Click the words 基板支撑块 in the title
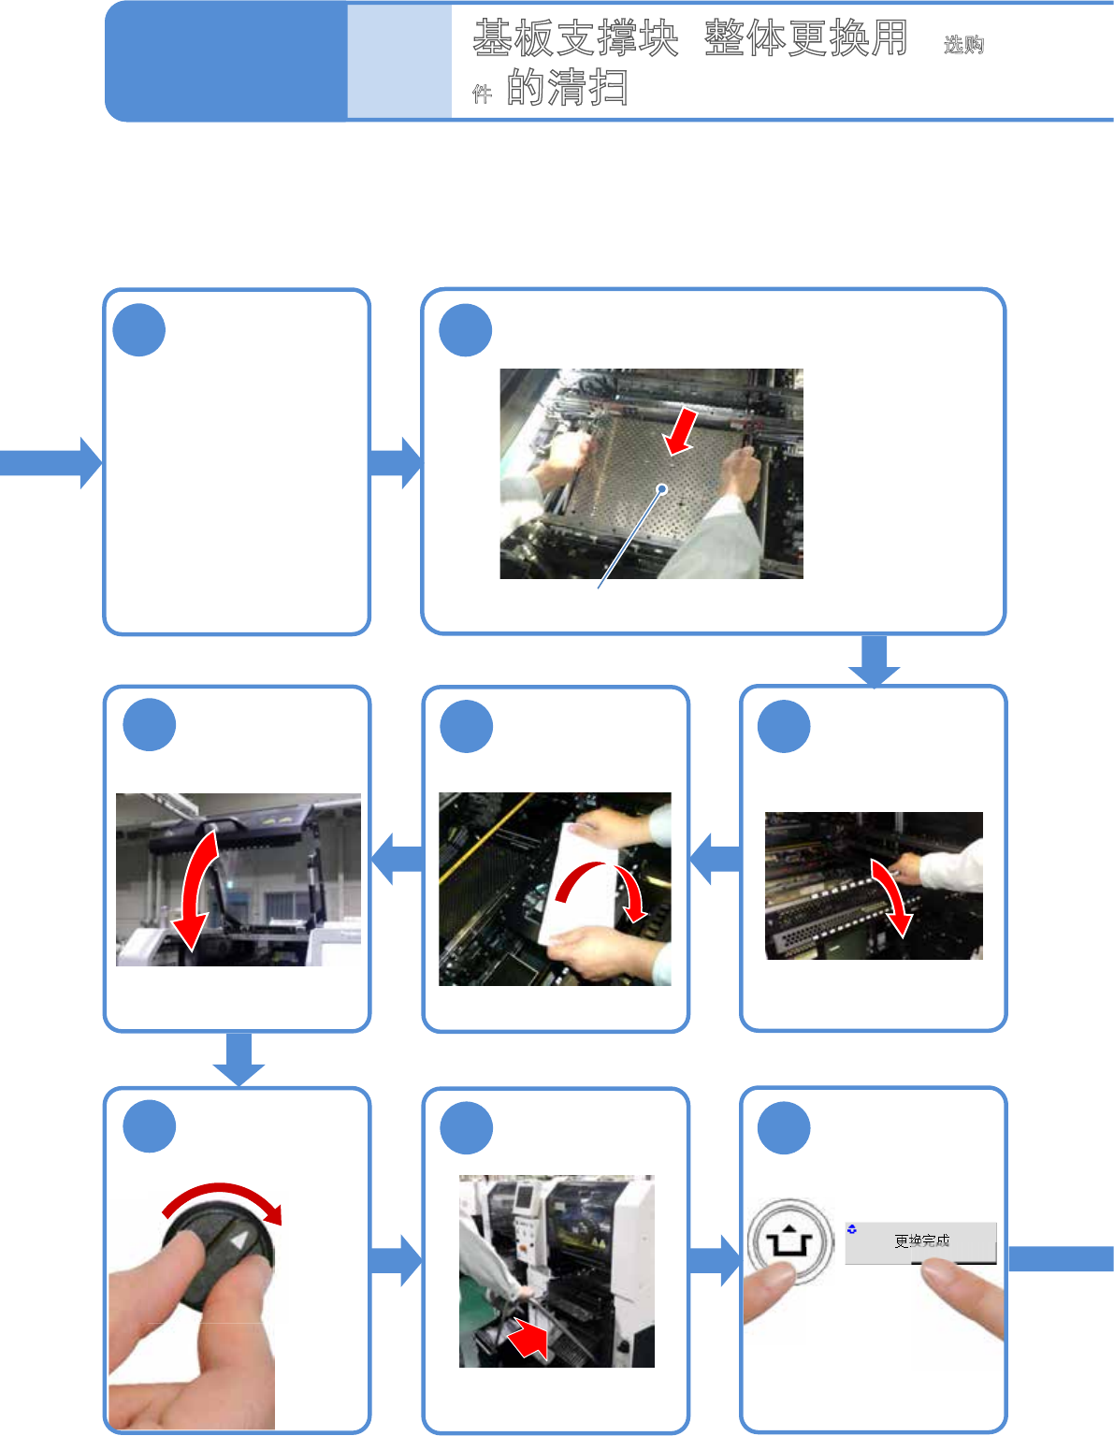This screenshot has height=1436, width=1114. (575, 38)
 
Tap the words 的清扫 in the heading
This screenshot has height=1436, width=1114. (567, 87)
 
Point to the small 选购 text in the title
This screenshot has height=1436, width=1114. (964, 45)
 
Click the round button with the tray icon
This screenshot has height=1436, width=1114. (791, 1241)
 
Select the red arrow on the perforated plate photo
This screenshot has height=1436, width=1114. (681, 431)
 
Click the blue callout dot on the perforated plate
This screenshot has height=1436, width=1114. (662, 489)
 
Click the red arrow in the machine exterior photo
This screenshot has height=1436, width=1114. (528, 1336)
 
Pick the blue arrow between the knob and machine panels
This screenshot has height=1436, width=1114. (396, 1262)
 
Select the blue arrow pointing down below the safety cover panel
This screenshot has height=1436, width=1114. (239, 1059)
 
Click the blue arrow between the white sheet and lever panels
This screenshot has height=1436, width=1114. (715, 859)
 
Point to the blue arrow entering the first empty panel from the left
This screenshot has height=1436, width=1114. (51, 462)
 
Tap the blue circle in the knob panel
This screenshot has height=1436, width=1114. (150, 1126)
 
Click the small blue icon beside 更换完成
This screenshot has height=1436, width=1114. (852, 1229)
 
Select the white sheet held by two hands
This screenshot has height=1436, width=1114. (578, 882)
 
